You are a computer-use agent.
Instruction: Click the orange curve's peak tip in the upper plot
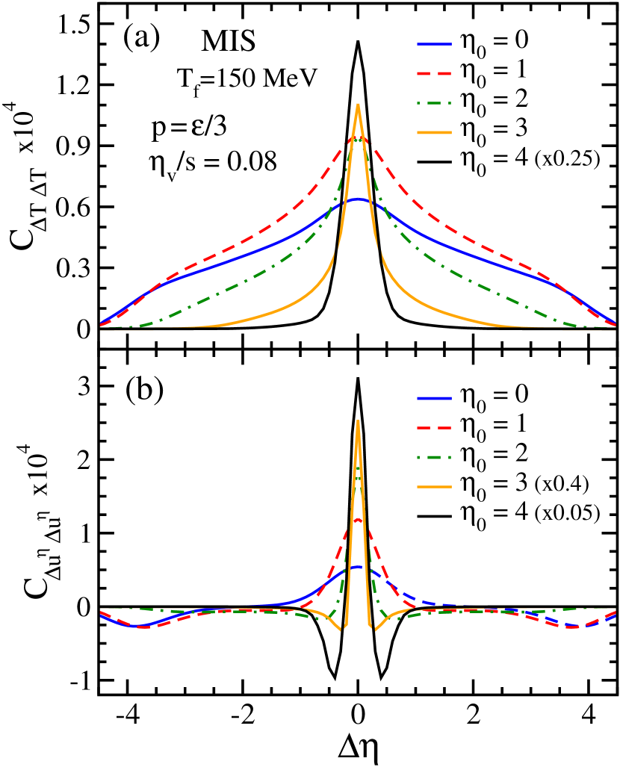point(359,105)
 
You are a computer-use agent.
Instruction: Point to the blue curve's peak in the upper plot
point(359,199)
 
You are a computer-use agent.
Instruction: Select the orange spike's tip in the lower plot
point(359,420)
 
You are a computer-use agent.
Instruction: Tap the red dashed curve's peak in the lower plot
point(359,519)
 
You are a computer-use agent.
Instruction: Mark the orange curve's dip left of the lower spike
point(342,630)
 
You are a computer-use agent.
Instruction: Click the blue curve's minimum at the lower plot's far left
point(134,625)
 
